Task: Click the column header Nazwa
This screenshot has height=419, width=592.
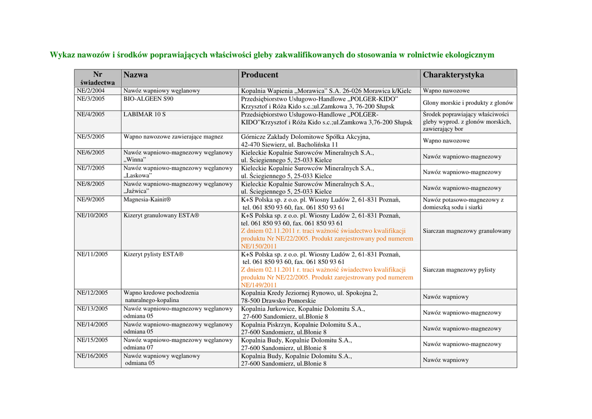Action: pyautogui.click(x=135, y=75)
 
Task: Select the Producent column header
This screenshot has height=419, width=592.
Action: pyautogui.click(x=260, y=75)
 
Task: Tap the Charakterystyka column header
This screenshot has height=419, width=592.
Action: pyautogui.click(x=453, y=75)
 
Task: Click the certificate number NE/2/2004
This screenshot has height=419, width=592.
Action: pyautogui.click(x=91, y=91)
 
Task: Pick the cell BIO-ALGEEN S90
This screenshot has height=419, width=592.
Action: pyautogui.click(x=149, y=99)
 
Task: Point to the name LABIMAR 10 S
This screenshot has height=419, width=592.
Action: pyautogui.click(x=145, y=115)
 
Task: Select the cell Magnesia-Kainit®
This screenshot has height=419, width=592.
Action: pyautogui.click(x=147, y=200)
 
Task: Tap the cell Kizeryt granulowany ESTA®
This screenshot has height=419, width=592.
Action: pyautogui.click(x=161, y=215)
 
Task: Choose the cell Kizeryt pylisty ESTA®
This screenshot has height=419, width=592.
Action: pyautogui.click(x=153, y=254)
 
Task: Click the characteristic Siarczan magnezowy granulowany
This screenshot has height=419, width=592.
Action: pyautogui.click(x=467, y=231)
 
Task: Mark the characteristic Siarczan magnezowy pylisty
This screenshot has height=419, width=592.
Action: pyautogui.click(x=459, y=270)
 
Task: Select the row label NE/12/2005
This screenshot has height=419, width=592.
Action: pyautogui.click(x=92, y=293)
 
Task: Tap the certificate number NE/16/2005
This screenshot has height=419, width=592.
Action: pyautogui.click(x=92, y=355)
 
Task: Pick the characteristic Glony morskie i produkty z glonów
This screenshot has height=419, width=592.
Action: pyautogui.click(x=468, y=103)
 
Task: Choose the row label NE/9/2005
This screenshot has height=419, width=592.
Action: pyautogui.click(x=91, y=200)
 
